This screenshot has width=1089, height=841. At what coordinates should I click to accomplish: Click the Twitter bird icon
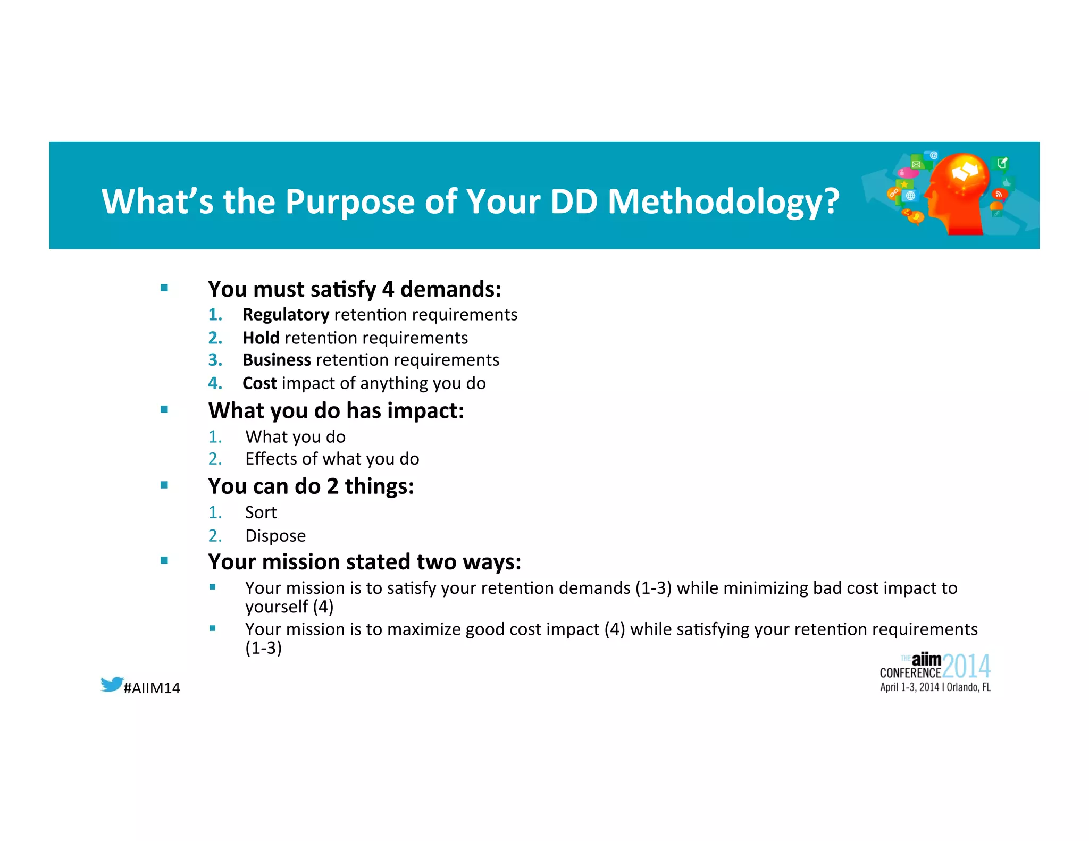click(x=112, y=684)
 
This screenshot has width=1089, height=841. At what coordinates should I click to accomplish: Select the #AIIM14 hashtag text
click(x=152, y=688)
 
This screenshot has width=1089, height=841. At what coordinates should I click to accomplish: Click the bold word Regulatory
click(x=286, y=315)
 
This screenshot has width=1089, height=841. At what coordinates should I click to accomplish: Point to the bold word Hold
click(x=261, y=338)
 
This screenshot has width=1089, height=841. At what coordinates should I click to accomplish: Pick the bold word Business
click(x=277, y=360)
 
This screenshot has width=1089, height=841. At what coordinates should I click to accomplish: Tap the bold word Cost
click(x=259, y=383)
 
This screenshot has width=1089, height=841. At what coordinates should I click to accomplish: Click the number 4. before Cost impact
click(x=215, y=383)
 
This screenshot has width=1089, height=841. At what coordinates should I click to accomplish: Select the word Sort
click(x=261, y=512)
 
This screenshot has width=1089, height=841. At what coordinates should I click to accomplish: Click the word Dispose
click(x=275, y=536)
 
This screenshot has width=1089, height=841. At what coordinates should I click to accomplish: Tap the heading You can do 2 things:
click(x=311, y=486)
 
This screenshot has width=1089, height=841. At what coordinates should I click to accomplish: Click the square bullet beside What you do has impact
click(x=164, y=409)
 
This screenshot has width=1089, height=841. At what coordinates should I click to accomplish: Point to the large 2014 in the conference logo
click(x=966, y=666)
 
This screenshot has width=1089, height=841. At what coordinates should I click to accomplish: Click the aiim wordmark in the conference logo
click(x=926, y=660)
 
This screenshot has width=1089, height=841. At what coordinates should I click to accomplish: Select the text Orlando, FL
click(x=968, y=687)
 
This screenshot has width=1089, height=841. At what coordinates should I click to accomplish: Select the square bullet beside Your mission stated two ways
click(x=164, y=560)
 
